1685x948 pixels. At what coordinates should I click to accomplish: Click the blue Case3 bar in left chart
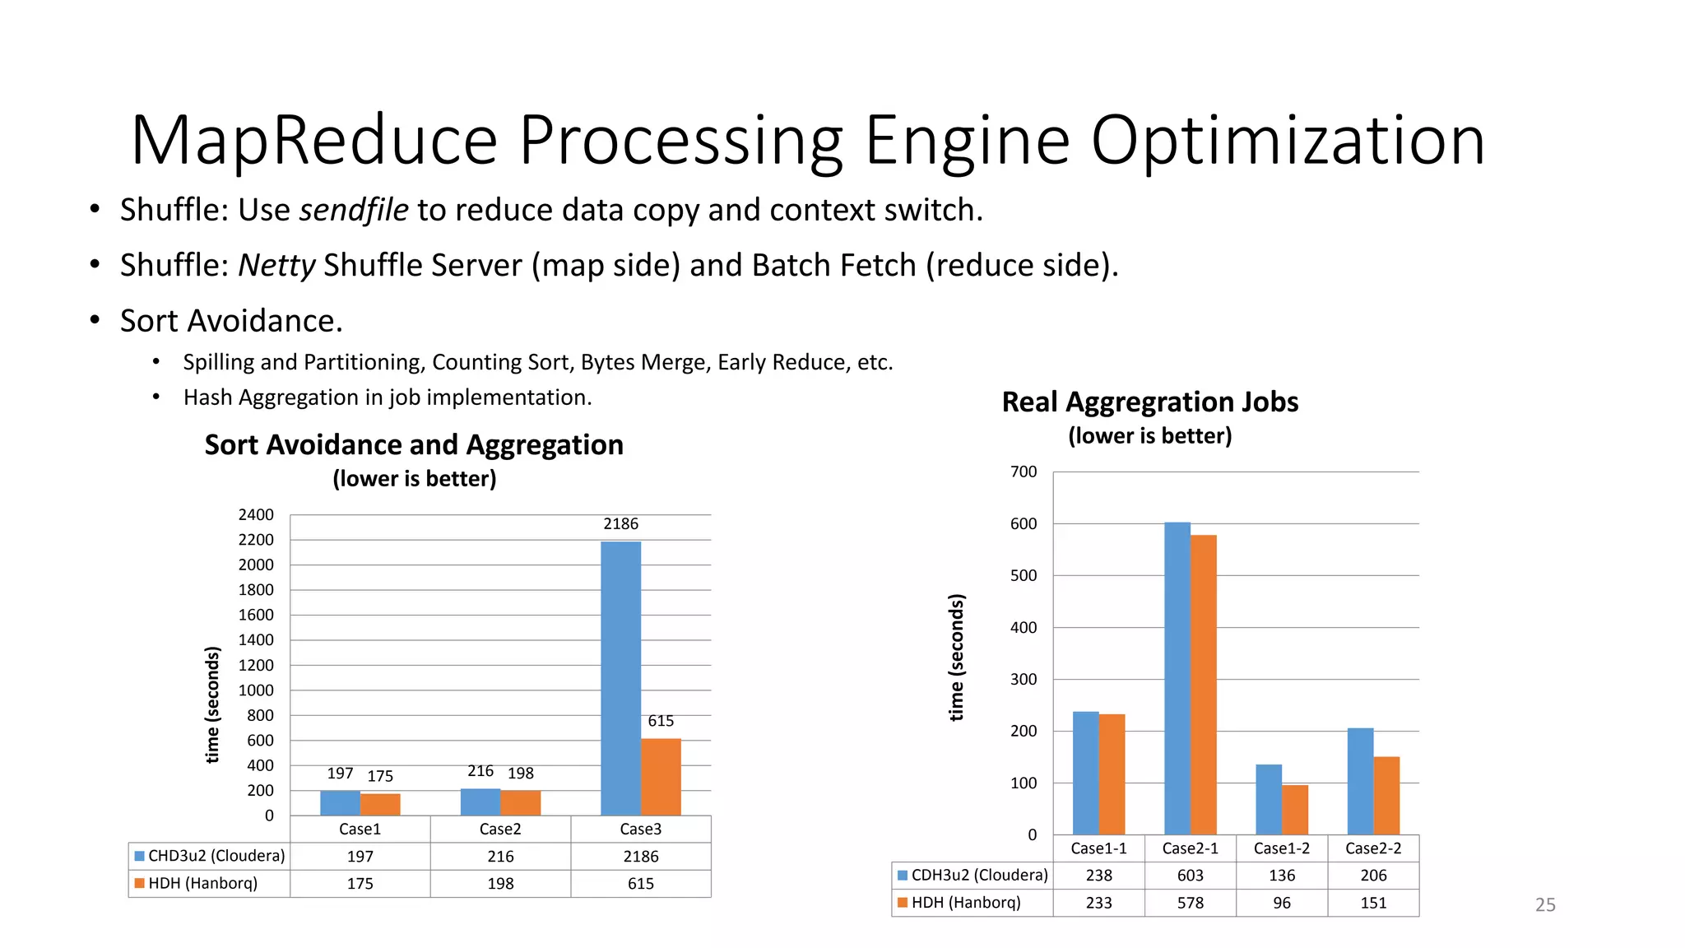620,678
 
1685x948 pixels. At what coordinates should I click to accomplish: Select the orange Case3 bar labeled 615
661,777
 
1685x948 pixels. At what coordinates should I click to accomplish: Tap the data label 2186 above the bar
620,523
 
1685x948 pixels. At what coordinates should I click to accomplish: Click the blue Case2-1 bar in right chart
1177,678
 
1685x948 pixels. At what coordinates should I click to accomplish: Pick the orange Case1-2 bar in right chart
1295,810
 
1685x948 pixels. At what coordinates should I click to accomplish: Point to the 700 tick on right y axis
1024,472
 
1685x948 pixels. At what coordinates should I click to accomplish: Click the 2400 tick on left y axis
256,514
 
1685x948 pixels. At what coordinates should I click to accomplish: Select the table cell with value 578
1190,903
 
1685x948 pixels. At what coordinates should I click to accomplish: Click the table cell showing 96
1281,903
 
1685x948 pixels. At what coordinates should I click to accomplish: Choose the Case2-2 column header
1372,848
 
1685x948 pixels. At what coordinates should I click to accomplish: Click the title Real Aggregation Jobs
1149,402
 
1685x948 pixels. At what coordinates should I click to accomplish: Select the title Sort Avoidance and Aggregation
414,444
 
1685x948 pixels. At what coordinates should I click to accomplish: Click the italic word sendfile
354,210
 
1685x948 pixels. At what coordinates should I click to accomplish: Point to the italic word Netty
276,265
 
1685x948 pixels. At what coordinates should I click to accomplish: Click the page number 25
1544,904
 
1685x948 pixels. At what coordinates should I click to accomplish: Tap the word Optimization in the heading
1288,140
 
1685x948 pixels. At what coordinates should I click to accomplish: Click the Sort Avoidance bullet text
231,320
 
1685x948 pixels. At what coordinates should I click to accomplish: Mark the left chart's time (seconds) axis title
212,704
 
